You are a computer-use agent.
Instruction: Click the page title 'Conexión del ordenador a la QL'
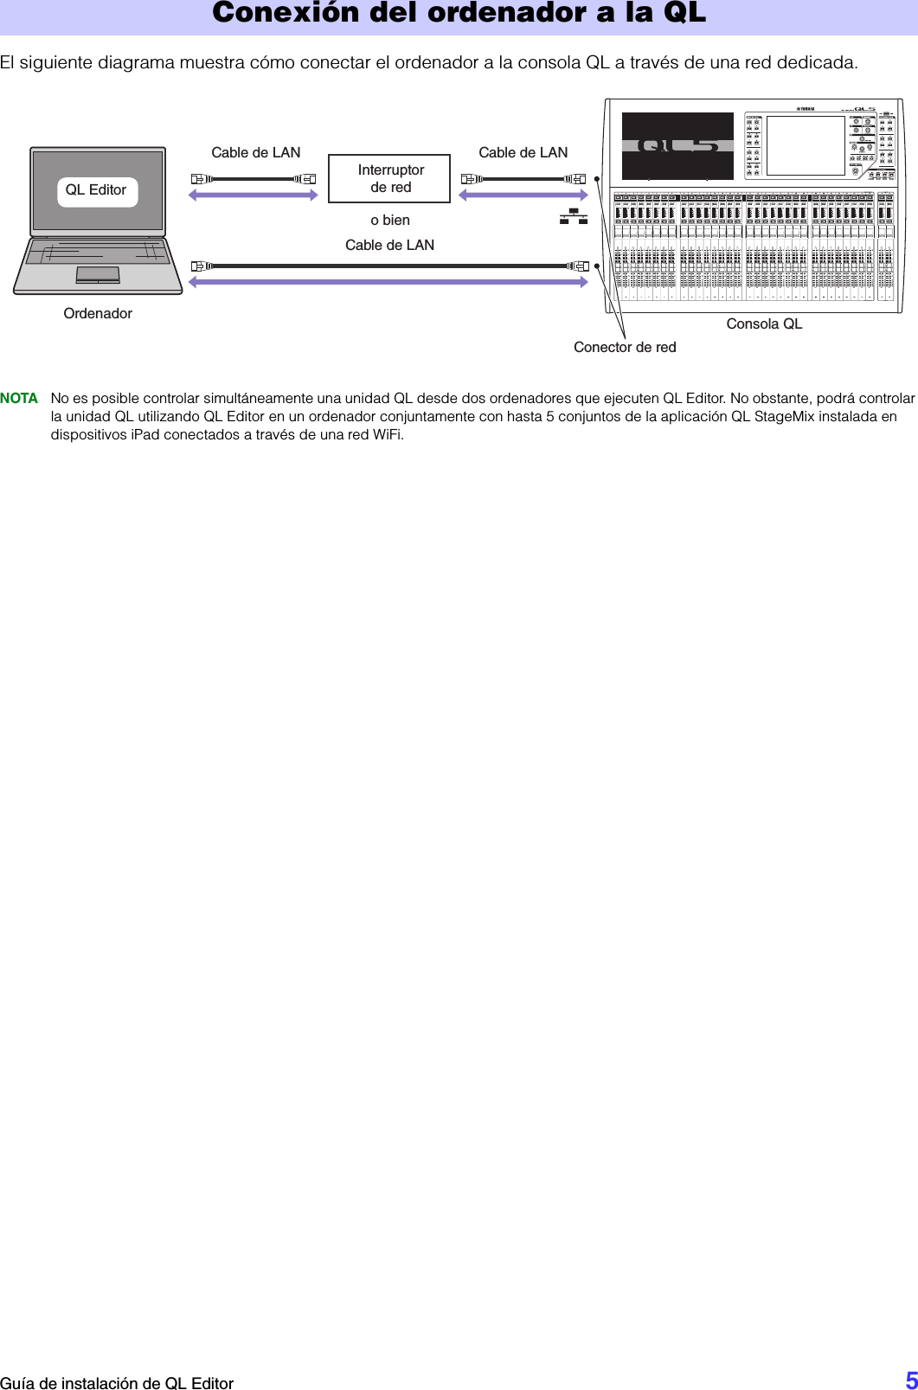click(x=459, y=13)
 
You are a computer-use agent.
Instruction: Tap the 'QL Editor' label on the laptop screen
click(x=96, y=190)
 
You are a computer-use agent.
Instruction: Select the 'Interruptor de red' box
click(x=389, y=178)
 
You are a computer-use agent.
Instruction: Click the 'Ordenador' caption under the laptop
click(x=98, y=313)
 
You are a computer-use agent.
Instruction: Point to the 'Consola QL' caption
click(x=764, y=323)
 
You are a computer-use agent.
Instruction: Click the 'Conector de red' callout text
click(x=625, y=347)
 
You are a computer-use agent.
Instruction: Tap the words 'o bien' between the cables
click(x=390, y=220)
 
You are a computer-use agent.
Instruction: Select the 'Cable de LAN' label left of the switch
click(x=256, y=152)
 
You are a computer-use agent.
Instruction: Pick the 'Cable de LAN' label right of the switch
click(x=523, y=152)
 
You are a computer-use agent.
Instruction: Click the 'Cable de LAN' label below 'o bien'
click(x=390, y=245)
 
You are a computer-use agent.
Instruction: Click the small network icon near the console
click(x=573, y=216)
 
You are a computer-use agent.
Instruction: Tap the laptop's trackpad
click(x=98, y=274)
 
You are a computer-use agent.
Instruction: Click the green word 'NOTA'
click(x=19, y=399)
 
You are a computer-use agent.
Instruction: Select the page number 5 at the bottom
click(x=911, y=1379)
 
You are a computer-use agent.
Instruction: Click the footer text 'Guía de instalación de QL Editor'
click(x=117, y=1383)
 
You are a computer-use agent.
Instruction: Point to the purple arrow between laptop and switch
click(x=254, y=195)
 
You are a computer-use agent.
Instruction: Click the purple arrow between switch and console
click(x=523, y=195)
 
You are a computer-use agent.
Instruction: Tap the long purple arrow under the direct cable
click(x=388, y=282)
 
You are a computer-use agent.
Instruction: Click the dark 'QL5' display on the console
click(x=677, y=145)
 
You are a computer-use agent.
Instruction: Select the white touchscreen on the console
click(x=806, y=145)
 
